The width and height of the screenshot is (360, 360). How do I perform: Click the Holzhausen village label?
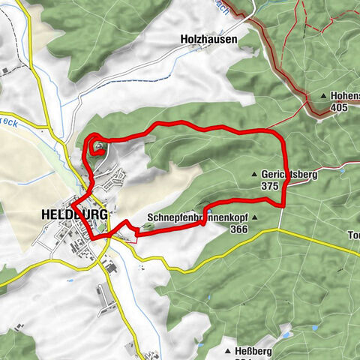tap(208, 39)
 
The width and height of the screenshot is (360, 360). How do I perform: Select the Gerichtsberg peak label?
tap(289, 173)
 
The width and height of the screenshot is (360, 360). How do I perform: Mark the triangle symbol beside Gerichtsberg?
tap(254, 173)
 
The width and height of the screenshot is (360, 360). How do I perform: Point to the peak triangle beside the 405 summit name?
tap(324, 96)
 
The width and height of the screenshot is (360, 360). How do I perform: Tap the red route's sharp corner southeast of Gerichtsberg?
tap(283, 204)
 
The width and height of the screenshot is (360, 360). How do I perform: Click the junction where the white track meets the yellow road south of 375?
tap(280, 229)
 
